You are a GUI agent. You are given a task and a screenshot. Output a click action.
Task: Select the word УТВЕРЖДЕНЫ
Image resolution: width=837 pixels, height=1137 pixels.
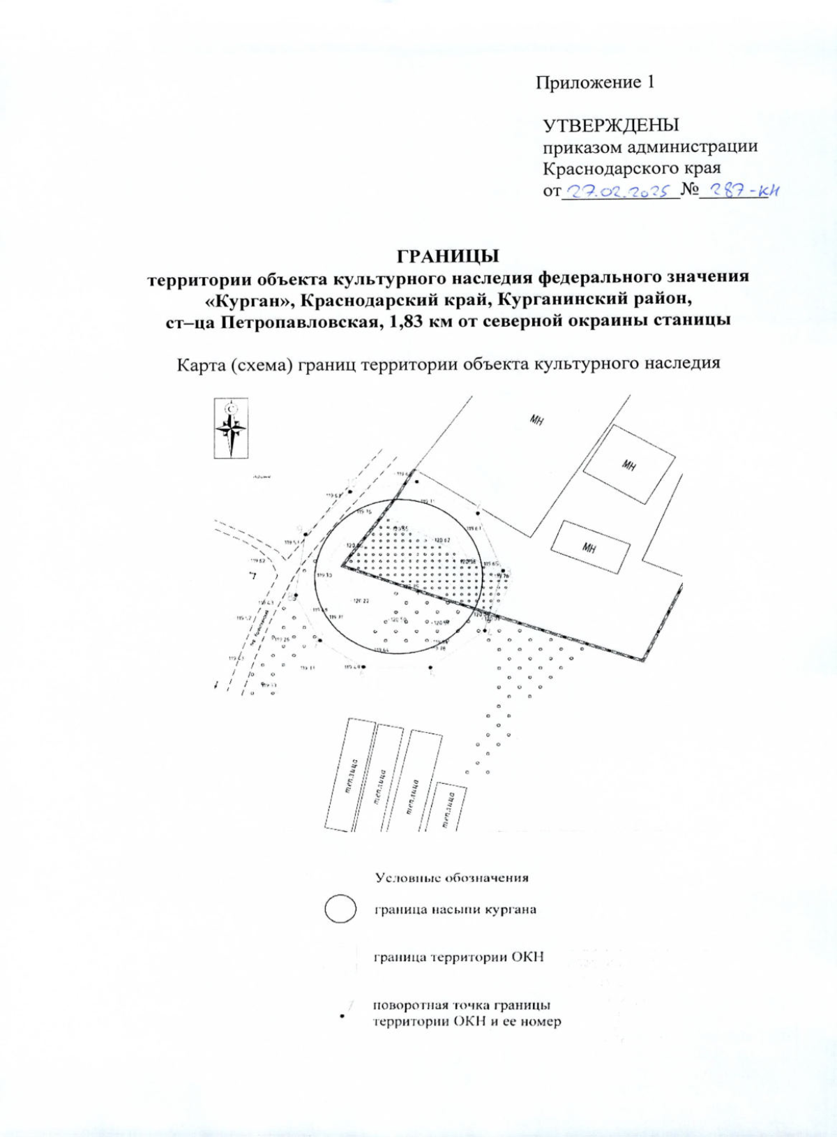(611, 126)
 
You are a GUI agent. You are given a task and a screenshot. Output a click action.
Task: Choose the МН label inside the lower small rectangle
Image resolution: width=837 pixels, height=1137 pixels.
(590, 548)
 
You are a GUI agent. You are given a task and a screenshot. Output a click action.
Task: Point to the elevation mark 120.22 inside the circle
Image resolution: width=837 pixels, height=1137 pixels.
(361, 601)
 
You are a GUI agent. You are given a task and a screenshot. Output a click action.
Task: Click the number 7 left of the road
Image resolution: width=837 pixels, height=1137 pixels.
(253, 576)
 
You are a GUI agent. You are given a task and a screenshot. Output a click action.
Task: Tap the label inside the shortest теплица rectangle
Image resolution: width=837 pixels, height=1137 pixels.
(447, 808)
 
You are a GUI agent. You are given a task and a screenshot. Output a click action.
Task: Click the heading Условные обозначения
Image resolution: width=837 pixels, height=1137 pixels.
(452, 877)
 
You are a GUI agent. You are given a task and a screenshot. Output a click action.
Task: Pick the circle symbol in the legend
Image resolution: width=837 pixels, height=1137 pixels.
(340, 909)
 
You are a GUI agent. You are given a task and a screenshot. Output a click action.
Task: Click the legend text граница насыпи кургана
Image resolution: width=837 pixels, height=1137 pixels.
(455, 909)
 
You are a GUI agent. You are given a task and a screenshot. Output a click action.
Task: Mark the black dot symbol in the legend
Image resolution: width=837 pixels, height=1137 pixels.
(342, 1016)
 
